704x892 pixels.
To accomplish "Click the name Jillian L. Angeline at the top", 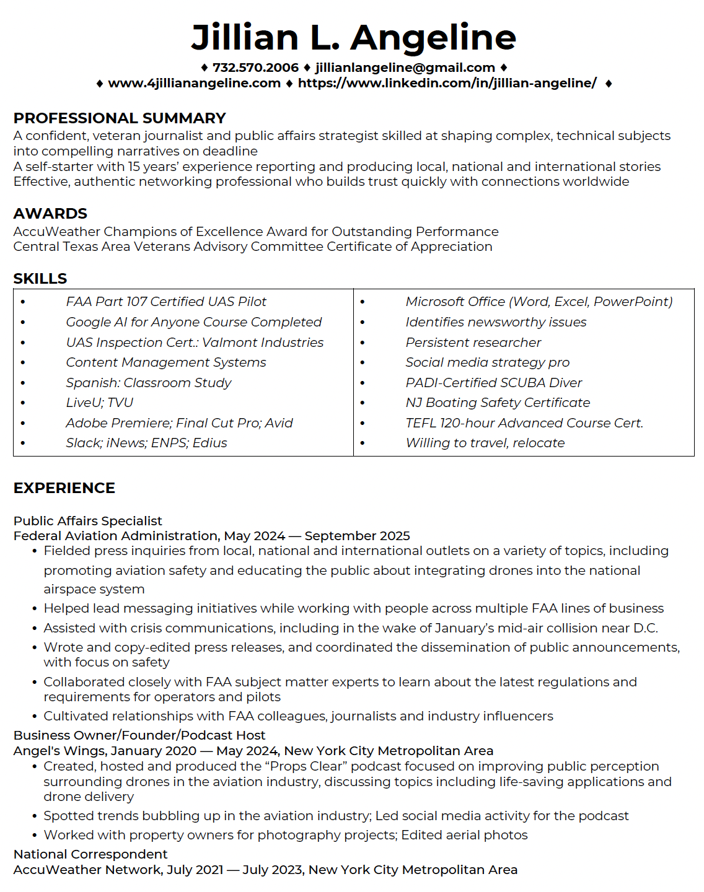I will (353, 37).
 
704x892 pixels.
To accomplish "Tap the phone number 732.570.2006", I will (255, 68).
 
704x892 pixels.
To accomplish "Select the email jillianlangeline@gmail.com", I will (405, 68).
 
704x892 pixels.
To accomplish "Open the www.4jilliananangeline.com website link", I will (194, 83).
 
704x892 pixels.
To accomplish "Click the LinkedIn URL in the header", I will (447, 83).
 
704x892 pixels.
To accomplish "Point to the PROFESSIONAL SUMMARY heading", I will (120, 118).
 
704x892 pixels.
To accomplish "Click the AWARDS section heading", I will (50, 214).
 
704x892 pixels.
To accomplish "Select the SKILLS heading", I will (40, 279).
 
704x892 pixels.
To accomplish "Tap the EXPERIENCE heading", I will (64, 488).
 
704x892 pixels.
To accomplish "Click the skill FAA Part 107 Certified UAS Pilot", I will (166, 302).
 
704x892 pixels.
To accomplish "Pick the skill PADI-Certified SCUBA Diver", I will (493, 383).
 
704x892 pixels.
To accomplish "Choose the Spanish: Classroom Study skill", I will (149, 383).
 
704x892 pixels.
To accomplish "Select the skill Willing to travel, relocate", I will (485, 443).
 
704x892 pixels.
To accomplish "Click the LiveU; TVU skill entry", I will (100, 403).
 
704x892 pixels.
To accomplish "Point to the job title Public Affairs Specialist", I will (87, 521).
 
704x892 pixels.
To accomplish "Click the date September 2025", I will (357, 536).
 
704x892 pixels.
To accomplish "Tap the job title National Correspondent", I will (90, 854).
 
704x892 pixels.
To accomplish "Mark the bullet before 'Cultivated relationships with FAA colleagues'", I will (35, 717).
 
